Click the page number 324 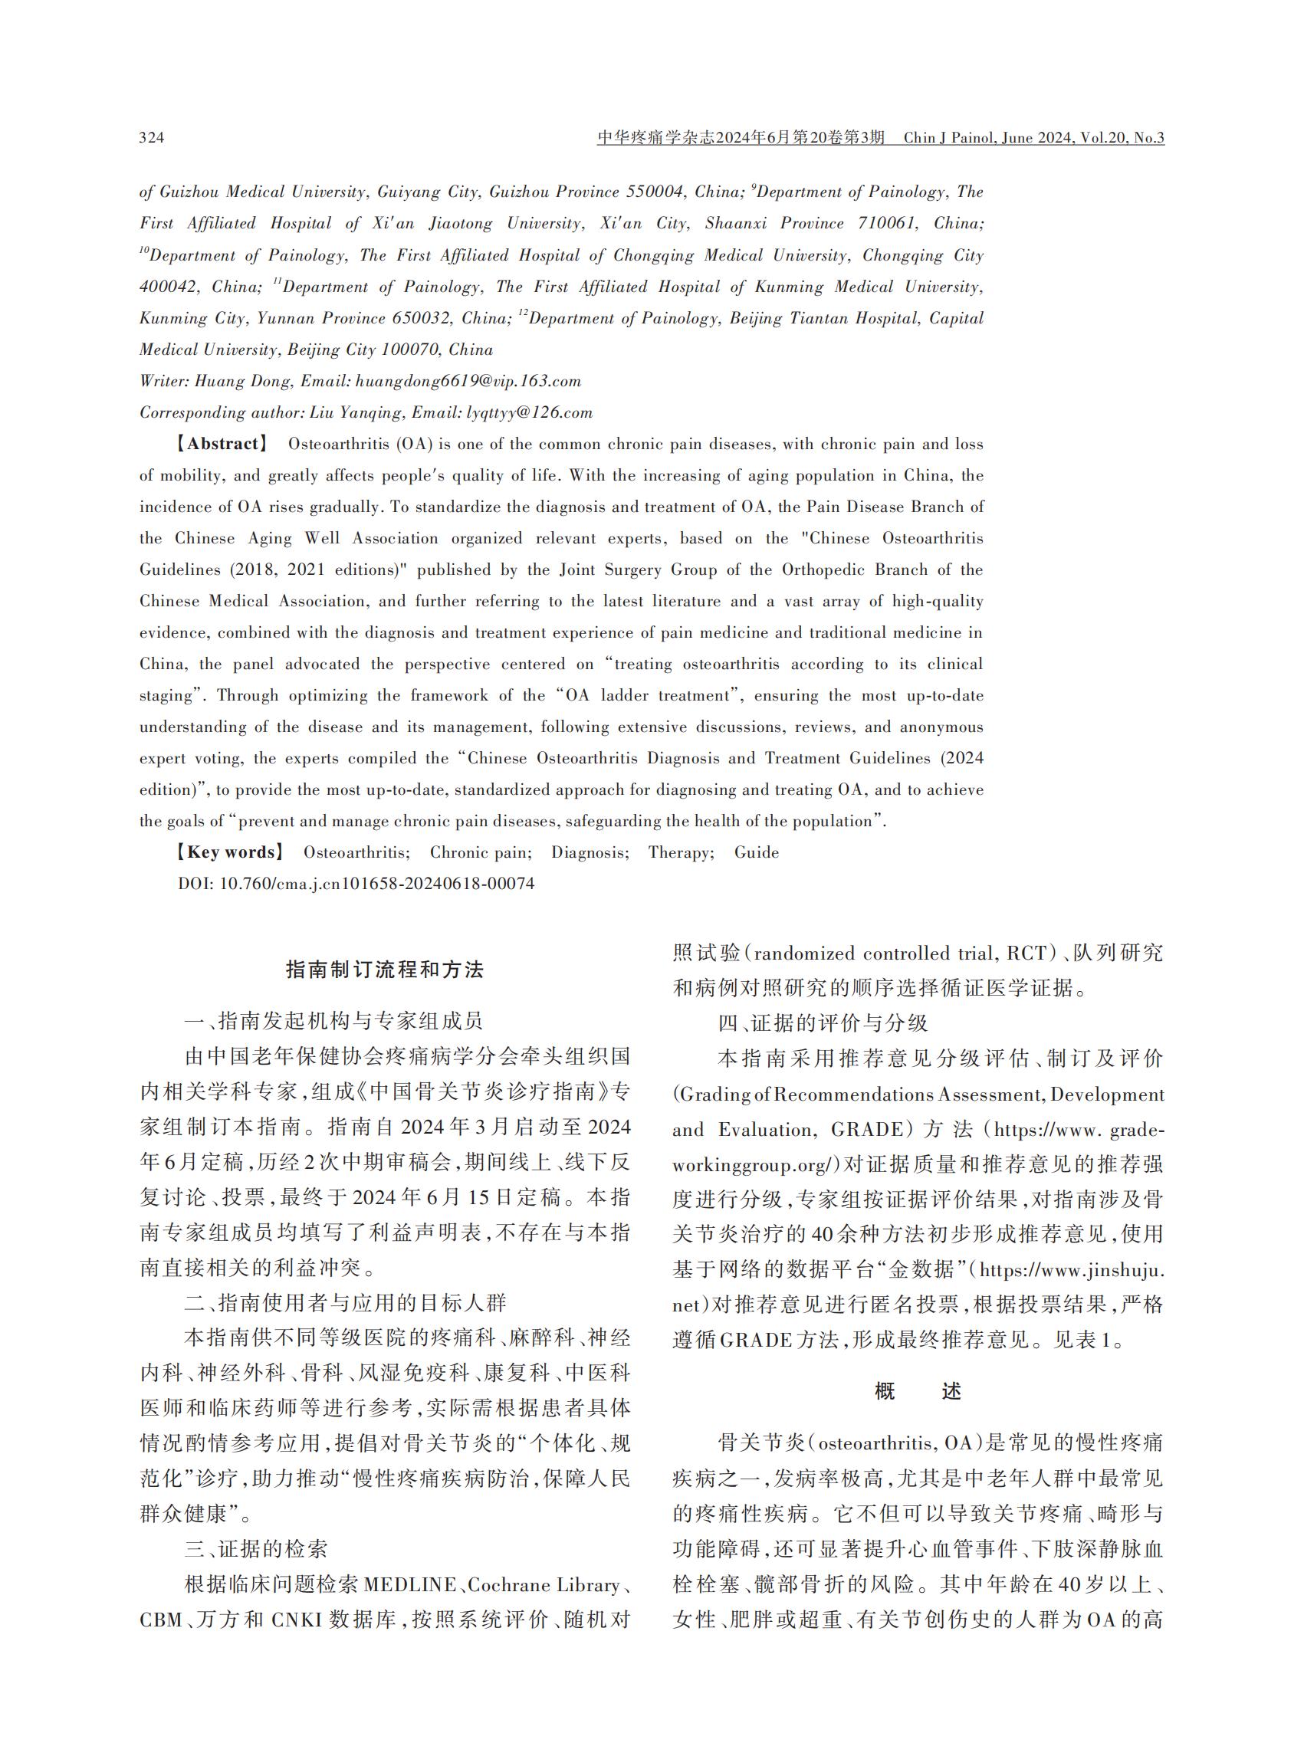pos(152,138)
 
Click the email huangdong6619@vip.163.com pos(468,381)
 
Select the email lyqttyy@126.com pos(529,413)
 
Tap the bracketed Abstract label pos(220,445)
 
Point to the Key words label pos(228,852)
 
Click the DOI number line pos(356,884)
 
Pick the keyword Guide pos(756,852)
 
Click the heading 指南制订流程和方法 pos(384,970)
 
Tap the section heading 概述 pos(918,1391)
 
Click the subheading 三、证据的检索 pos(257,1549)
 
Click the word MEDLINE pos(409,1585)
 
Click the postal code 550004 pos(655,192)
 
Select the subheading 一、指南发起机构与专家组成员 pos(333,1021)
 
